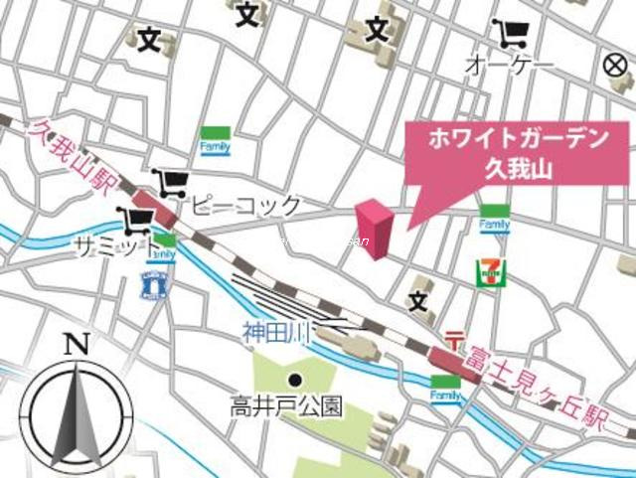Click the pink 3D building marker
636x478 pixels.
(374, 229)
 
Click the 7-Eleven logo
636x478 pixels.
(487, 271)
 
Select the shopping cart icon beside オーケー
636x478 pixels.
(513, 36)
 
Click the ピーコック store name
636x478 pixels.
(245, 206)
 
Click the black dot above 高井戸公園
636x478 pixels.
(294, 379)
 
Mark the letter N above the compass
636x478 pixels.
(77, 345)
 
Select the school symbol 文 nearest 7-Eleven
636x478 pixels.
(418, 297)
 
